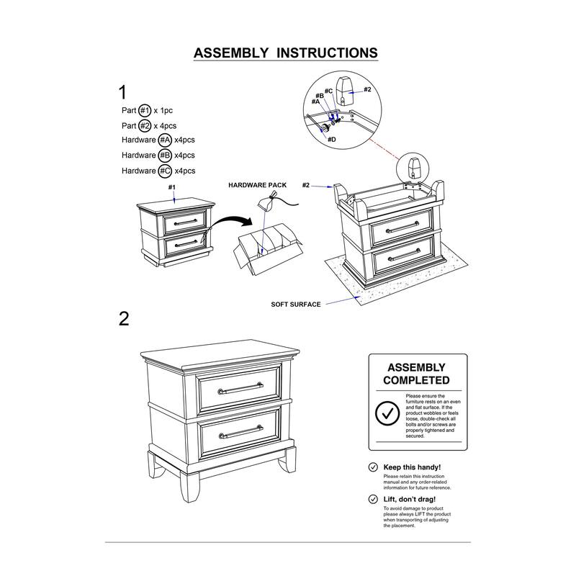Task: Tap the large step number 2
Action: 124,319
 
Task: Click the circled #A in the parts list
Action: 165,140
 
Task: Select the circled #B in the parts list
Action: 165,156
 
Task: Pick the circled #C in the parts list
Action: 165,171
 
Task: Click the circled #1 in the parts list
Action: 145,111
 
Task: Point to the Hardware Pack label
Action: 257,186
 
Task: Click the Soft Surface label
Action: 296,305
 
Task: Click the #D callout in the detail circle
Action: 331,138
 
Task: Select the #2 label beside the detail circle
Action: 366,89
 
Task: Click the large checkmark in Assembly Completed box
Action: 388,414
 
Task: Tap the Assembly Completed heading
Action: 416,374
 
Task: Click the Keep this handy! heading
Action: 413,467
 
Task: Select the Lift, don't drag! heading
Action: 410,499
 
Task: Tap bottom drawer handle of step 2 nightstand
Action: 240,433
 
